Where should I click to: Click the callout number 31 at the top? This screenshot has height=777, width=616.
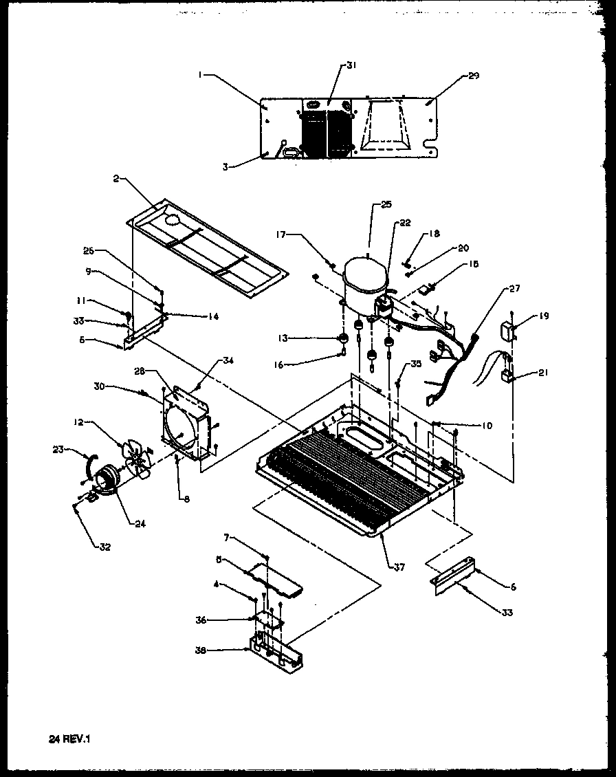coord(352,65)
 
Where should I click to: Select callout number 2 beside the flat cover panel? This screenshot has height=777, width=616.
coord(118,179)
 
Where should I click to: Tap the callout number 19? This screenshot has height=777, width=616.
coord(545,317)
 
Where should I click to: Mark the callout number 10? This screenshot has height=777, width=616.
coord(487,426)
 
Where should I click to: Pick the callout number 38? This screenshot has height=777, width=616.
coord(219,650)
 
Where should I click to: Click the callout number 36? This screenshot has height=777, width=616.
coord(219,620)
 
